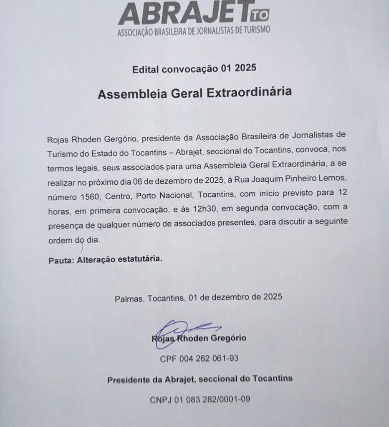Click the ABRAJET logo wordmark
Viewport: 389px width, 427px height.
[184, 13]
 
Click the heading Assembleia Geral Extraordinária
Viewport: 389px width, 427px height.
[194, 93]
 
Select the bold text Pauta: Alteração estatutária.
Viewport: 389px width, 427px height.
[104, 259]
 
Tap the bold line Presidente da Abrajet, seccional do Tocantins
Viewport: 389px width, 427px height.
[200, 379]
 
